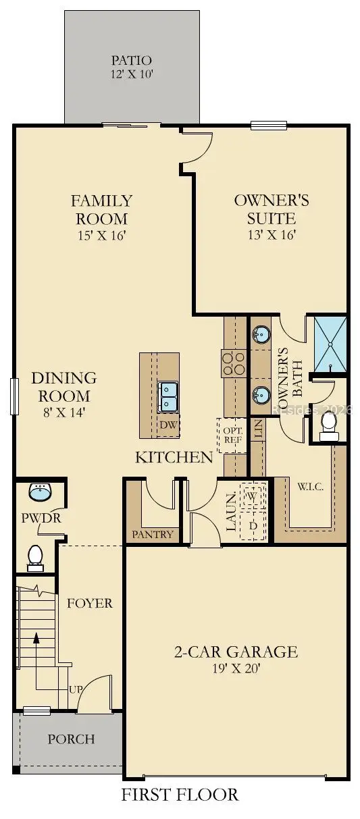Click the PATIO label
point(131,60)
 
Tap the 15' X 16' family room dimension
point(102,235)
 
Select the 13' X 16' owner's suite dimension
point(272,234)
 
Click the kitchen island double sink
point(168,397)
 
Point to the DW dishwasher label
point(168,425)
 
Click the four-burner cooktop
point(232,363)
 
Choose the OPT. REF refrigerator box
point(232,435)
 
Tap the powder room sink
point(40,492)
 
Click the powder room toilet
point(35,558)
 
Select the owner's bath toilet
point(329,426)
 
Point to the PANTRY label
point(152,534)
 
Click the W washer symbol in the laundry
point(252,496)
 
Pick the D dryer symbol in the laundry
point(253,525)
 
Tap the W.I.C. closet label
point(310,487)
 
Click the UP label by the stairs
point(76,689)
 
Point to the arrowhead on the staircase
point(36,637)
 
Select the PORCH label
point(71,739)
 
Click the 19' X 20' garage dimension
point(236,668)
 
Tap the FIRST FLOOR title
point(180,804)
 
